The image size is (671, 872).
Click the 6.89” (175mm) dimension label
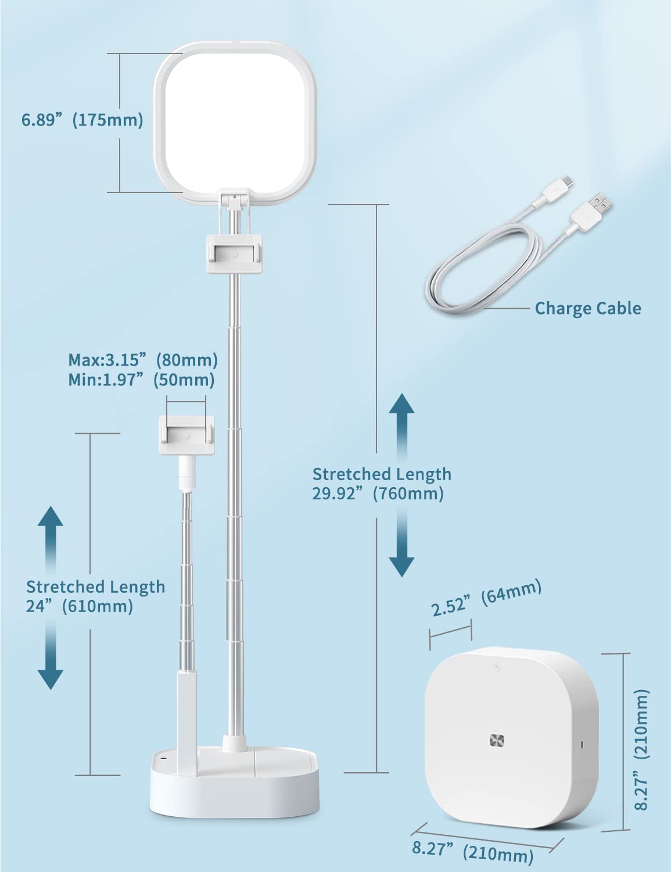coord(82,120)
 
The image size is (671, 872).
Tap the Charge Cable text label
coord(588,308)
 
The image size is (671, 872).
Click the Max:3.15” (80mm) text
coord(143,360)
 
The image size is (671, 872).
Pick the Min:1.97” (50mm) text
coord(141,380)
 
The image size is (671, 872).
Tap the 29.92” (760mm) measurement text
coord(378,494)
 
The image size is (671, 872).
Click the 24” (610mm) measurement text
coord(80,606)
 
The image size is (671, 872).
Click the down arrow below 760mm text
coord(402,542)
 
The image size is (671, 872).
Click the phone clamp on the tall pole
coord(234,255)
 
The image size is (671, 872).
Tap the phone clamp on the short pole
coord(186,435)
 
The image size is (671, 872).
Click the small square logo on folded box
coord(497,741)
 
